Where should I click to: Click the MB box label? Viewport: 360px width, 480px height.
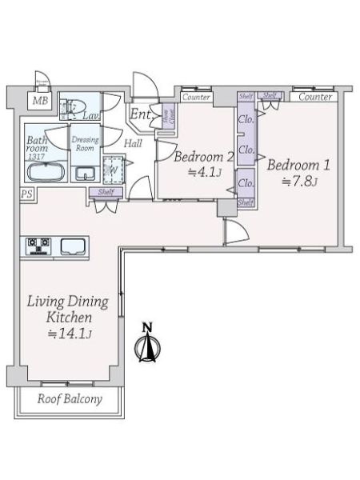point(39,101)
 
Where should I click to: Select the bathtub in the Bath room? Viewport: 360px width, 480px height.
point(46,173)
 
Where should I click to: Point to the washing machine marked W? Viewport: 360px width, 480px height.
point(113,169)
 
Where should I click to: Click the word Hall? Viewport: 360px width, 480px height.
point(134,144)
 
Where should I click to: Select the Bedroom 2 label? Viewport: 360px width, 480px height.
point(204,156)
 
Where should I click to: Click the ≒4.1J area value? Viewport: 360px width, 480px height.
point(203,170)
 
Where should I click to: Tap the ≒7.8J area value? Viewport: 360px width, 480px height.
point(300,182)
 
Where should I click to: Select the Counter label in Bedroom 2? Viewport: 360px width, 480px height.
point(196,97)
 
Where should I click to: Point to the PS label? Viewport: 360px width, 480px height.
point(26,194)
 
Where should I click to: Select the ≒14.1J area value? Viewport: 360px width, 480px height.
point(70,334)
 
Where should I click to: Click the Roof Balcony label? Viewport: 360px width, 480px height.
point(70,398)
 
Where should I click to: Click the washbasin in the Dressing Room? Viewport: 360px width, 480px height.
point(85,174)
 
